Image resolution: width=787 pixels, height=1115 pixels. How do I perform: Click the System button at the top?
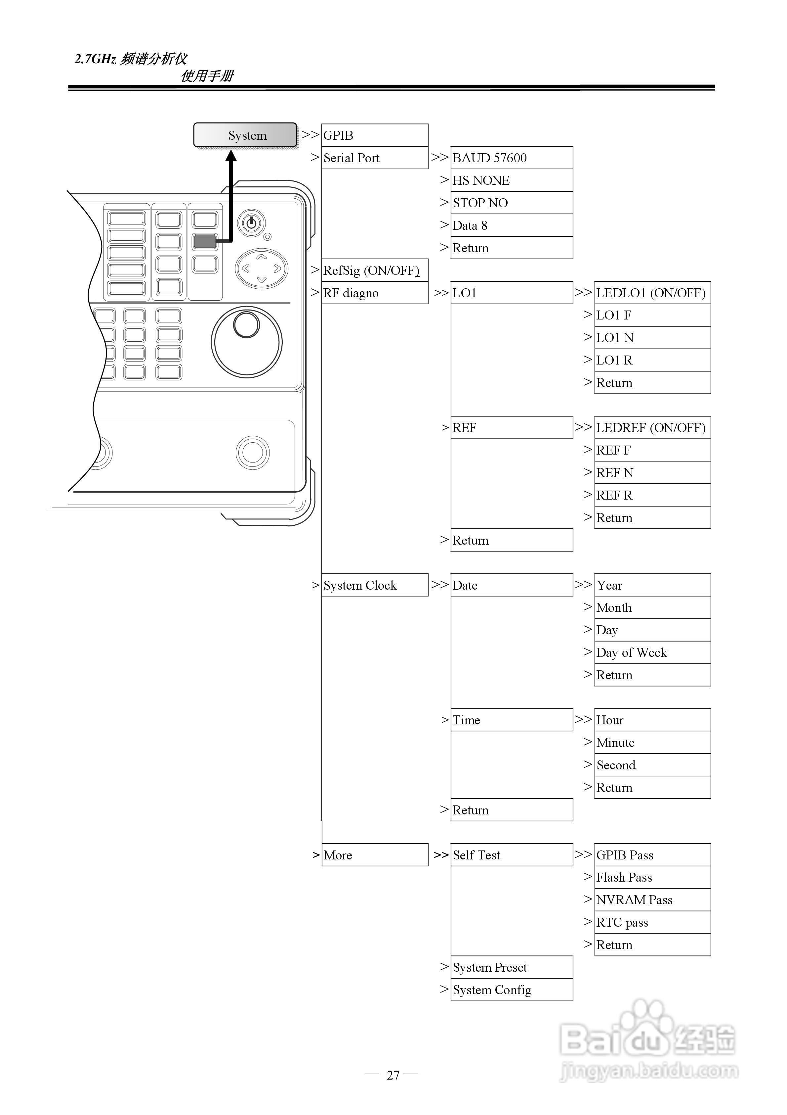coord(245,135)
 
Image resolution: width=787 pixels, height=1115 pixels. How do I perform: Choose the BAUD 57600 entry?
coord(512,158)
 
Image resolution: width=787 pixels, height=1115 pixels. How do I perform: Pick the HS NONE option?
coord(512,180)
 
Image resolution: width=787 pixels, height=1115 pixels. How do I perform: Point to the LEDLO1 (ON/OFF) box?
coord(652,293)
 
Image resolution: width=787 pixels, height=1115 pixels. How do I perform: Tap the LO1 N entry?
coord(652,337)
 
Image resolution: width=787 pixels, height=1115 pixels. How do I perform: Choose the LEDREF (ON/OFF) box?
coord(652,427)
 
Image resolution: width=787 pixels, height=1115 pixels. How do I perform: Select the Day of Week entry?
coord(652,652)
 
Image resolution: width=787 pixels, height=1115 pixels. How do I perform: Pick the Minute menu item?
coord(652,742)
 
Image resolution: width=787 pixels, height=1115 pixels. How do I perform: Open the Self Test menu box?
coord(512,855)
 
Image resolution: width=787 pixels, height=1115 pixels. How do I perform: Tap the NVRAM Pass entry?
coord(652,899)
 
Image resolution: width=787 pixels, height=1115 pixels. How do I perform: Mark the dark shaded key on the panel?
coord(205,241)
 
